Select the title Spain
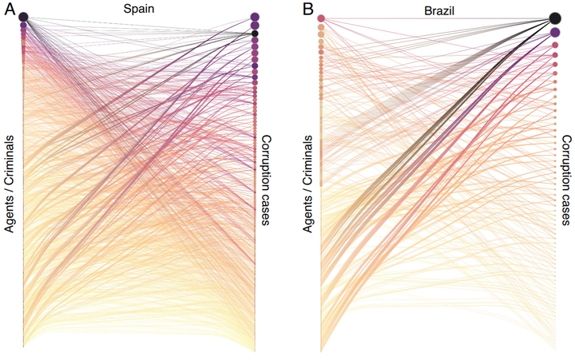click(139, 9)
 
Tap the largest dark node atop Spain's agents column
click(23, 18)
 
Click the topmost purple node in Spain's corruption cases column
click(255, 17)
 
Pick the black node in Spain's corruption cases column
click(255, 34)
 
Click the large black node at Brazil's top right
click(555, 18)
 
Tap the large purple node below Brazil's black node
click(555, 33)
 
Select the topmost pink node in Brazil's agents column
click(320, 18)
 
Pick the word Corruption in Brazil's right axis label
click(566, 165)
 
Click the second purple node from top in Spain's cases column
click(255, 26)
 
